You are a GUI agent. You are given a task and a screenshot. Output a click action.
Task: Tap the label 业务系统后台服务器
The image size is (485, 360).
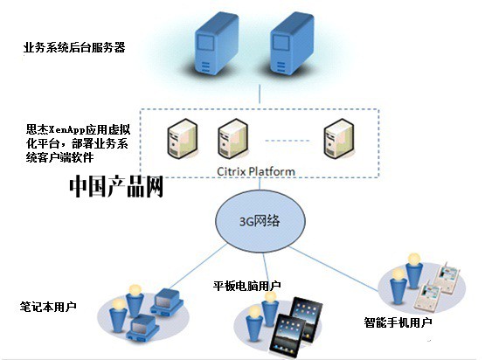(x=73, y=48)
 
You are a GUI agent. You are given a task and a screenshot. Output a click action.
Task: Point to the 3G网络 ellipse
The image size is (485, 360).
(x=259, y=221)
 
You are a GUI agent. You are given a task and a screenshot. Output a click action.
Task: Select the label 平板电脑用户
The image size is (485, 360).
(x=247, y=286)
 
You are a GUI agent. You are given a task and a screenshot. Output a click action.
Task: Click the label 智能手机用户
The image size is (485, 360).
(x=398, y=322)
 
